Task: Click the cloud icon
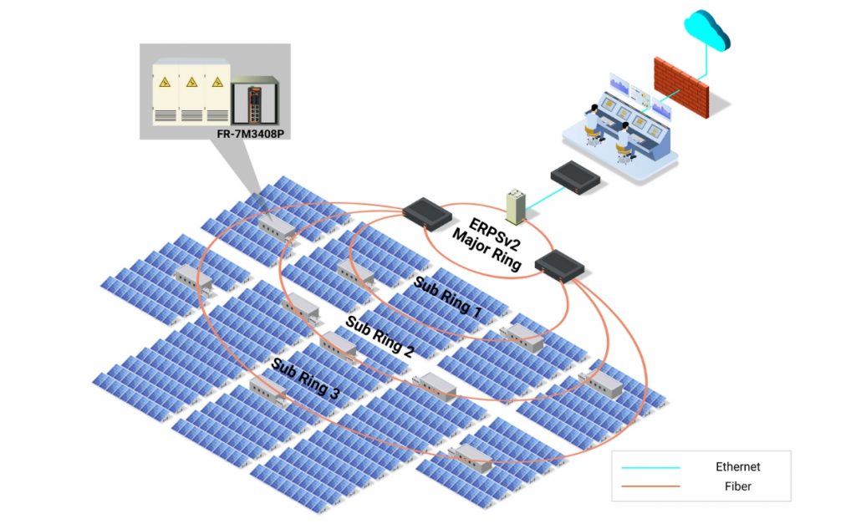706,32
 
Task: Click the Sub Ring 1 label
447,298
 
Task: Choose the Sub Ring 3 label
304,379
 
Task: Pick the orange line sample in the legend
650,486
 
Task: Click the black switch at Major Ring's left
427,212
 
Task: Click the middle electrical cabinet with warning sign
192,91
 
